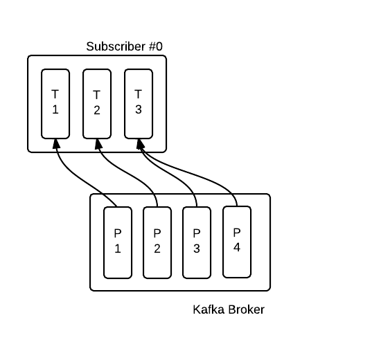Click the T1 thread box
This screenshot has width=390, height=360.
(x=55, y=104)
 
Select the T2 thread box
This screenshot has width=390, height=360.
(x=97, y=104)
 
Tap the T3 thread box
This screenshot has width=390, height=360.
(x=139, y=104)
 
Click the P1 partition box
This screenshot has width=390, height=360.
(x=118, y=242)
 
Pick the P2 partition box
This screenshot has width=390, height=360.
(x=157, y=242)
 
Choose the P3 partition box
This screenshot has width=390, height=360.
(x=197, y=242)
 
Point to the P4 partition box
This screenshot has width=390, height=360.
(x=237, y=242)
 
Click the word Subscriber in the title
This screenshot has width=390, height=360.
(x=116, y=46)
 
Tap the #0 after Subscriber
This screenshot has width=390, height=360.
(x=156, y=46)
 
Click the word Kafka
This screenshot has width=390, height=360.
(x=209, y=309)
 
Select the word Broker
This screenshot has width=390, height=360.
(x=246, y=309)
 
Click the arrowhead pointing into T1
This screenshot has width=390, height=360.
(x=56, y=144)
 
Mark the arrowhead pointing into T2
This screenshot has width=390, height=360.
(x=98, y=144)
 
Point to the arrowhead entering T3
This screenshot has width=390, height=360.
(x=140, y=144)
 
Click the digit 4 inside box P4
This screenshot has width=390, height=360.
(x=237, y=247)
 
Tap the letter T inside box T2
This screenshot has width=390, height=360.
(x=97, y=95)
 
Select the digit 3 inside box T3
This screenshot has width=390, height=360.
(x=139, y=109)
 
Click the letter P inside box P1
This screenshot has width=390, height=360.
(x=118, y=233)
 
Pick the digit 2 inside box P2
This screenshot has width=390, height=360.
(x=157, y=249)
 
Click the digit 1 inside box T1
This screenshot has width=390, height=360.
(x=55, y=109)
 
